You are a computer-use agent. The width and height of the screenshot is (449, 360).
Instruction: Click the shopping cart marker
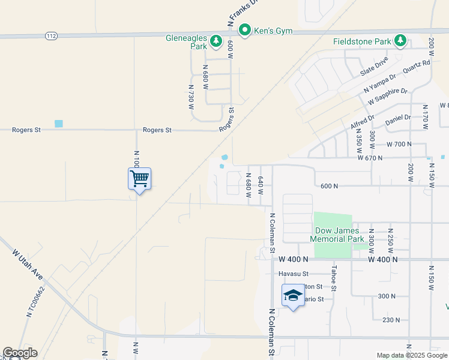point(139,178)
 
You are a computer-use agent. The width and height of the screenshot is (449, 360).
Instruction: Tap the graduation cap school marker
point(293,295)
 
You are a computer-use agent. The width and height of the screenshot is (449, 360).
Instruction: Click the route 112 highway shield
point(52,36)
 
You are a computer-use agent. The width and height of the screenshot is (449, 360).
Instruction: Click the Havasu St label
point(292,274)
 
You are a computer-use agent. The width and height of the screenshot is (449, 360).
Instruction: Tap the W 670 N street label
point(370,158)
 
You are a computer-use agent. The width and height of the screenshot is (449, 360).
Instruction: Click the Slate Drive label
point(374,67)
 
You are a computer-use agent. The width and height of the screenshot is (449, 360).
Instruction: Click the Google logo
point(19,353)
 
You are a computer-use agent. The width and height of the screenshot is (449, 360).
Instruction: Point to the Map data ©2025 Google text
point(411,355)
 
